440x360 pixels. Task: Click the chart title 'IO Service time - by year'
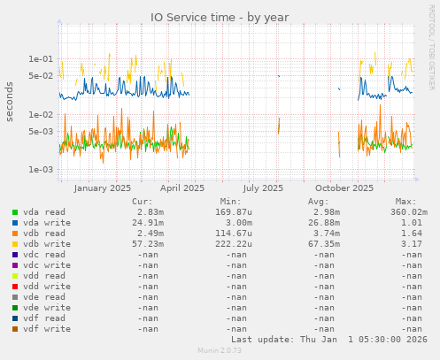point(220,17)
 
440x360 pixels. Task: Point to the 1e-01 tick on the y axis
point(41,59)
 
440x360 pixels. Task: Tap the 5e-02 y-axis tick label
point(41,76)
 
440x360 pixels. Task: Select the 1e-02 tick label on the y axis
point(41,115)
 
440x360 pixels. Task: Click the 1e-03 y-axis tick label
point(41,170)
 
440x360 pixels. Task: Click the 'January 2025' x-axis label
point(102,188)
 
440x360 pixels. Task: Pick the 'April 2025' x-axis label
point(182,188)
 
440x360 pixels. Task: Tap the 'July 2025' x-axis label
point(263,188)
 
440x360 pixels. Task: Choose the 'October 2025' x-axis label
point(344,188)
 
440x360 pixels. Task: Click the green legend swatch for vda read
point(15,212)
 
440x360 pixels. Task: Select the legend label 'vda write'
point(43,222)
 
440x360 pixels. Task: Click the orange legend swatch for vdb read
point(15,233)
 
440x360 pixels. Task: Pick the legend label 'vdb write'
point(43,243)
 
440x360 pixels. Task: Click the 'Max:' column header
point(405,201)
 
